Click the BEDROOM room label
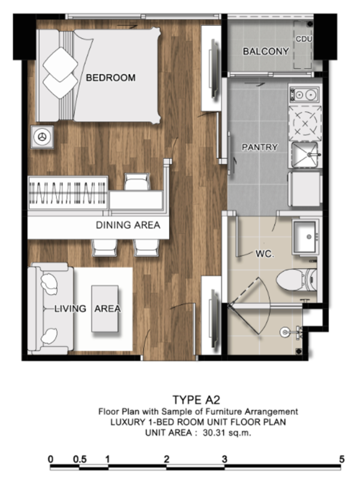[x=110, y=77]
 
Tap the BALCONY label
[x=266, y=51]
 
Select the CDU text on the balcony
[x=304, y=39]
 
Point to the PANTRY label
[x=260, y=147]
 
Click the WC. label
[x=265, y=254]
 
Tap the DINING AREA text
[x=128, y=225]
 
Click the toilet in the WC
[x=296, y=279]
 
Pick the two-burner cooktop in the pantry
[x=304, y=94]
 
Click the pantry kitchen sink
[x=305, y=155]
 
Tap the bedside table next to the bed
[x=42, y=137]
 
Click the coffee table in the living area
[x=105, y=309]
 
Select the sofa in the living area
[x=50, y=309]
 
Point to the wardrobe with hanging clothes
[x=68, y=193]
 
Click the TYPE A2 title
[x=196, y=399]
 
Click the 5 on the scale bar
[x=341, y=459]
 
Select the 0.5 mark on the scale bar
[x=80, y=459]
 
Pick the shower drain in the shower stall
[x=299, y=351]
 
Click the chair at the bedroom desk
[x=137, y=182]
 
